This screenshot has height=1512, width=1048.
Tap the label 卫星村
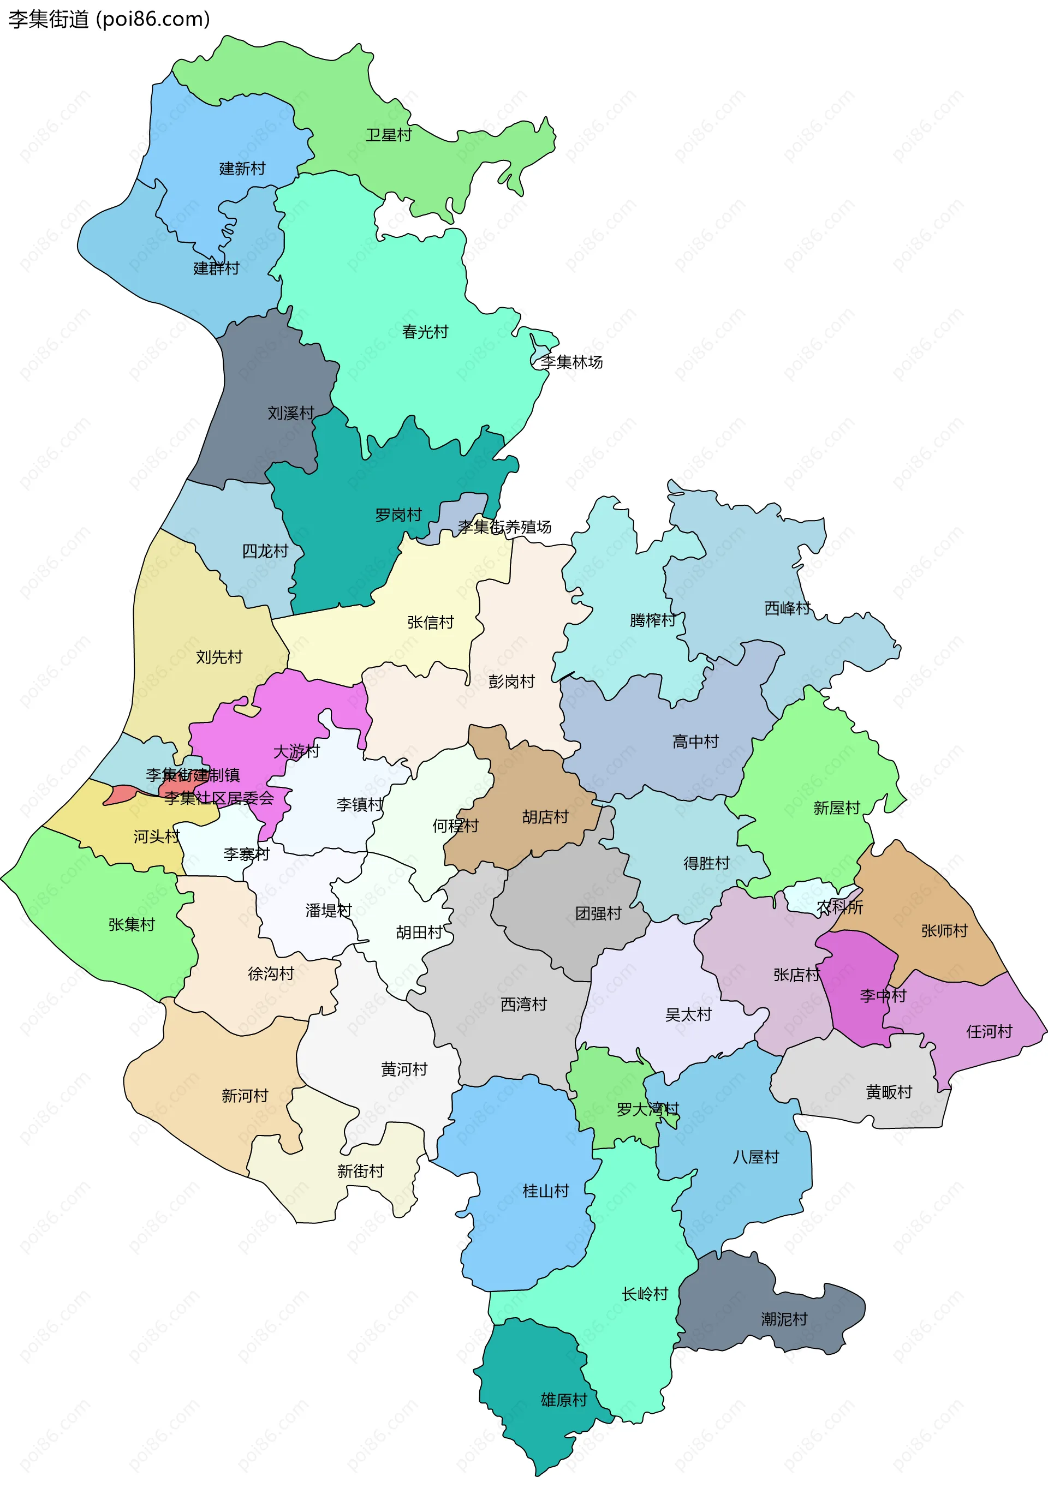[388, 135]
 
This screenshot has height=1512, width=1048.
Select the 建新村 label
[242, 169]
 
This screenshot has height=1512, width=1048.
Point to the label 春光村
[425, 332]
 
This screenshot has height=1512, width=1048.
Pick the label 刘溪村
[290, 413]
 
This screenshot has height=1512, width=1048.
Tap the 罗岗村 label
[398, 515]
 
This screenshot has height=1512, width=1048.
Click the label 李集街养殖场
[504, 527]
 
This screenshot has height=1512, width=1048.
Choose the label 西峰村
[787, 608]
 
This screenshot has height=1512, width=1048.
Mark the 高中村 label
[695, 742]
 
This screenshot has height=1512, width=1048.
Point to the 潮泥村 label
[783, 1319]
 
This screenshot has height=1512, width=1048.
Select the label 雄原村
[563, 1400]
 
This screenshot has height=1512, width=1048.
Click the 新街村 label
[360, 1171]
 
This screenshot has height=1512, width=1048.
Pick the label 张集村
[132, 925]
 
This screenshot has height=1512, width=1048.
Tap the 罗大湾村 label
[647, 1109]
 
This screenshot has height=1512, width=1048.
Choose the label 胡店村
[544, 817]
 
